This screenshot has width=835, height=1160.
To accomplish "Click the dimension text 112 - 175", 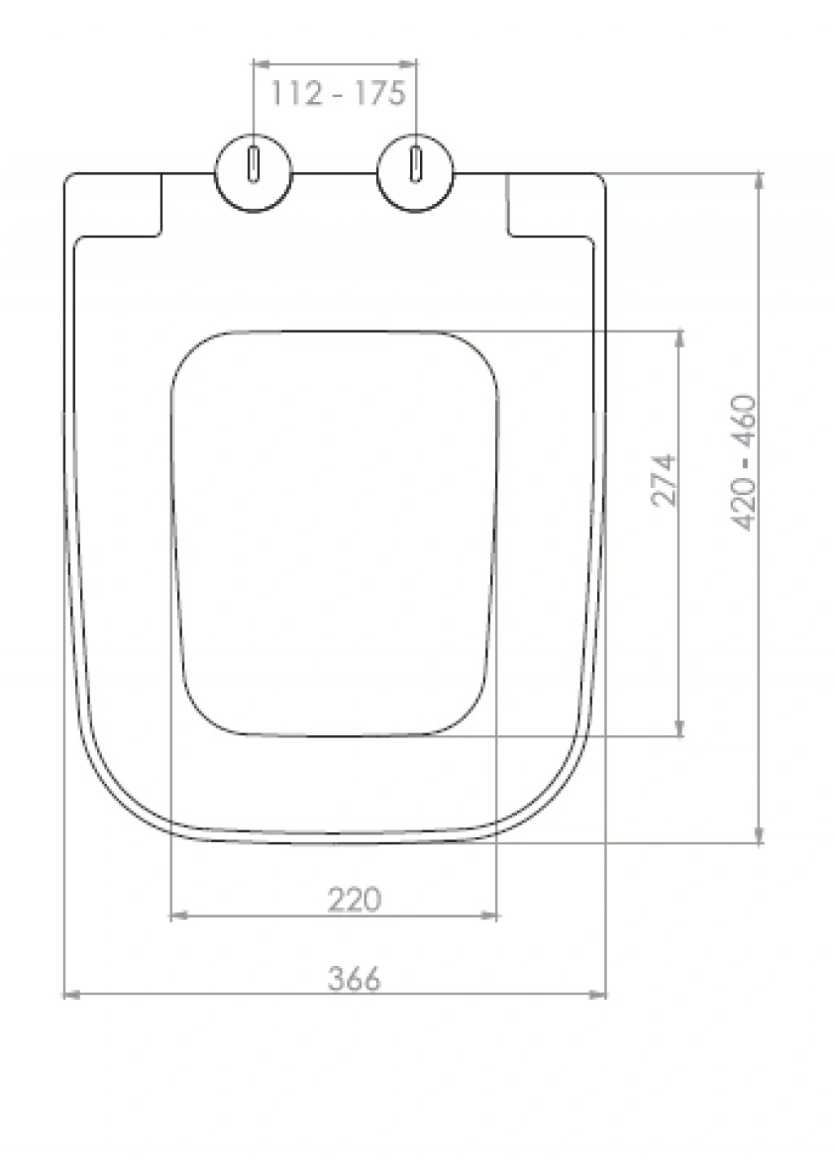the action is point(338,94).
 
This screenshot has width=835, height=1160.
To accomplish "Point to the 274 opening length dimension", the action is point(664,480).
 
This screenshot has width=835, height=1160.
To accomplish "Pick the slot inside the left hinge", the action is point(254,164).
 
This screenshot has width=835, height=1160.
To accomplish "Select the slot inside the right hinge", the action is point(415,164).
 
